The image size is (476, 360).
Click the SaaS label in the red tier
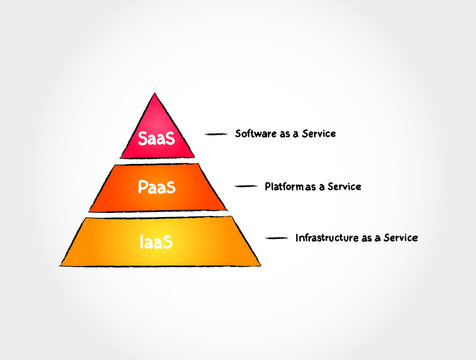pos(155,139)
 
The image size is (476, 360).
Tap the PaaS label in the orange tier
pos(155,187)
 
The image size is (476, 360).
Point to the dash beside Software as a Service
pos(218,133)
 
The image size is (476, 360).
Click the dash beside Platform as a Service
pos(248,186)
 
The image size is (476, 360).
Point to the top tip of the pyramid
pos(153,94)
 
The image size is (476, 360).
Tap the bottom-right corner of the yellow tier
pos(259,265)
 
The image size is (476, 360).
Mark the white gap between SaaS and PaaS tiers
pos(155,161)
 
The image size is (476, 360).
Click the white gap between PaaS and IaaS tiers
pos(155,213)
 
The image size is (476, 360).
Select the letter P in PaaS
pos(141,187)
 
